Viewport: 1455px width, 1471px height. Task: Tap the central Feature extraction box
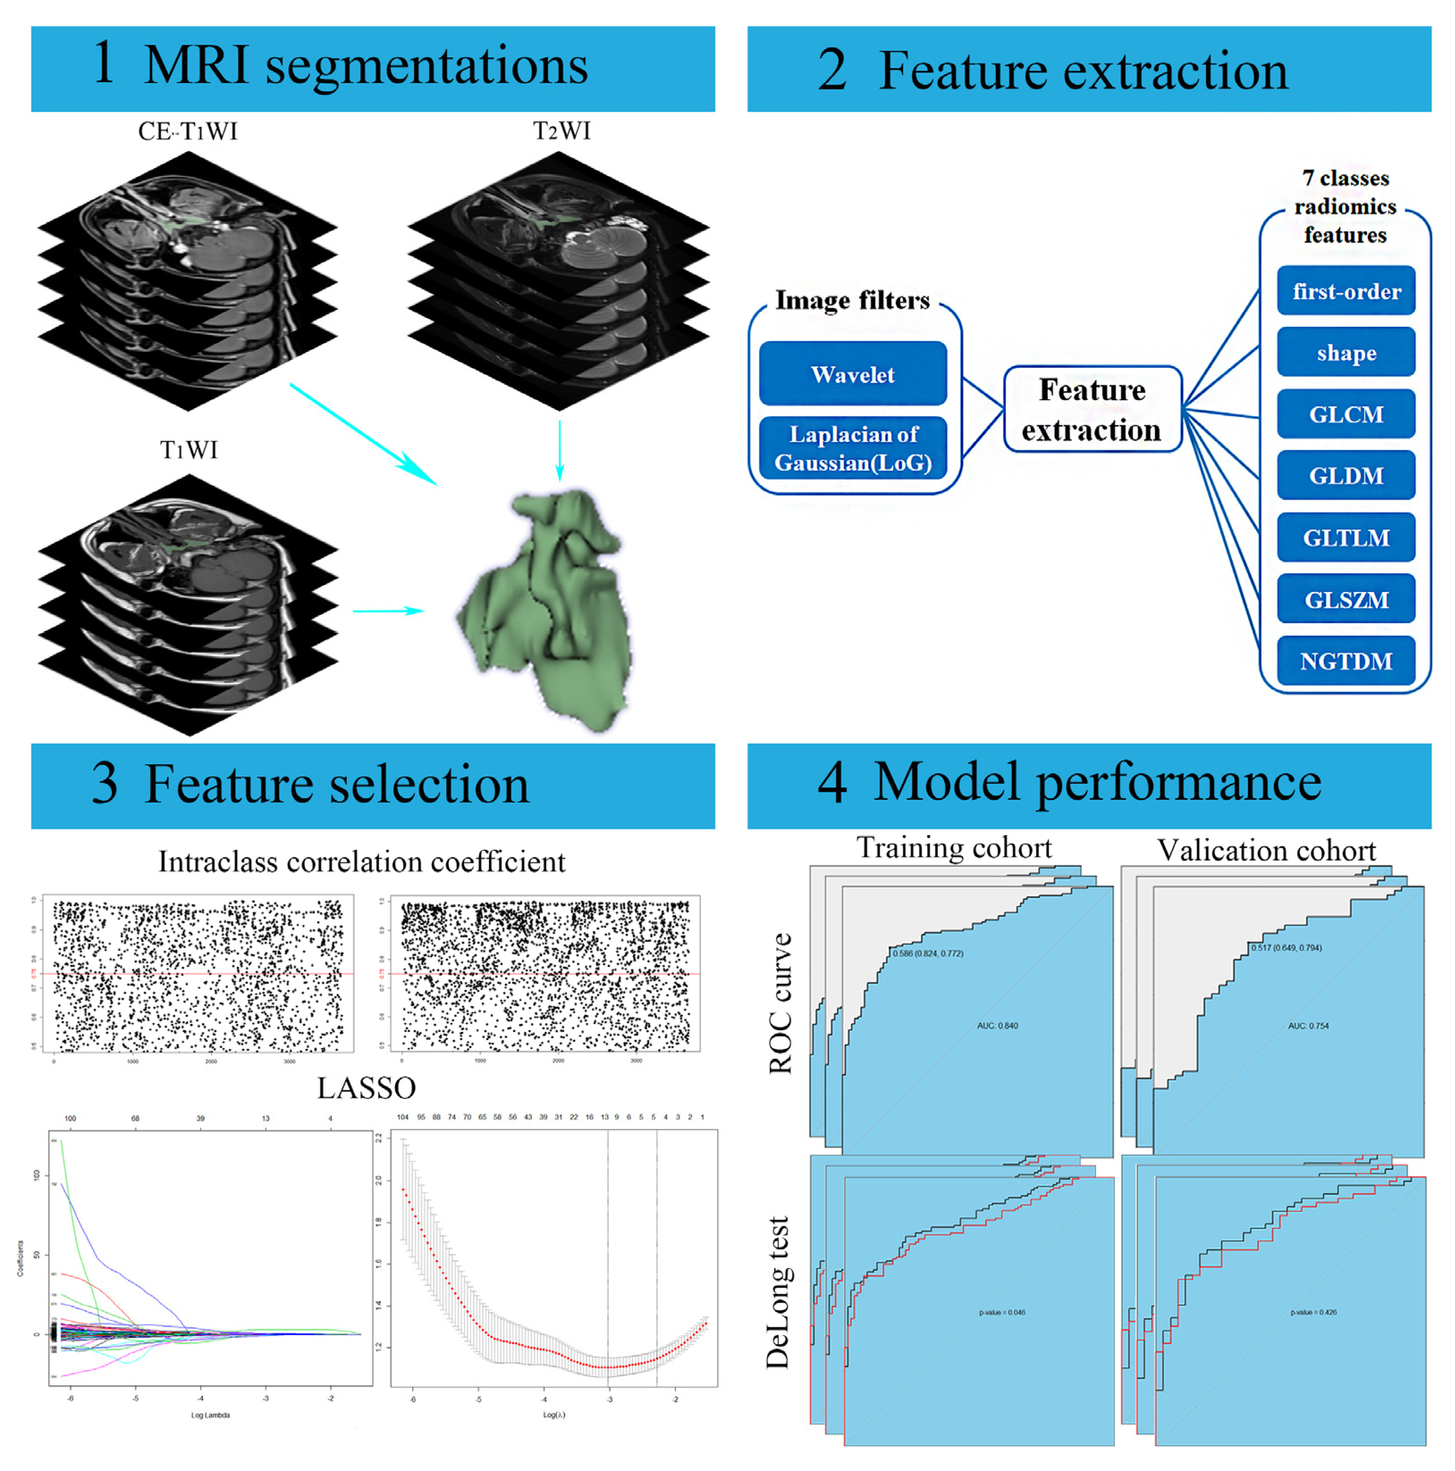(x=1092, y=410)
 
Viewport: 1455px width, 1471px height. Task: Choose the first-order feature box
(x=1345, y=291)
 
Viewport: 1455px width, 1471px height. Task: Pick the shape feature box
(x=1345, y=352)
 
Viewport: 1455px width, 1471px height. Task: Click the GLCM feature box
(x=1345, y=414)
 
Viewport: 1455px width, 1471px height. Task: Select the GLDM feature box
(x=1345, y=476)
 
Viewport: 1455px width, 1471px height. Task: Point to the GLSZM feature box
(x=1345, y=599)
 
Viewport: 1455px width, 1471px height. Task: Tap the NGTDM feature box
(x=1345, y=661)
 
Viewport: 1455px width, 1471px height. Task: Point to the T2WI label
(x=561, y=131)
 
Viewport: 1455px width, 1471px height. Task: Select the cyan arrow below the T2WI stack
(x=560, y=450)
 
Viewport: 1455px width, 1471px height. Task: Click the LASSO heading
(x=366, y=1088)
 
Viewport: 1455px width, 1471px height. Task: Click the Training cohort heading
(x=953, y=847)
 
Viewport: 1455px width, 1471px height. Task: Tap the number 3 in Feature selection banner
(x=104, y=784)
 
